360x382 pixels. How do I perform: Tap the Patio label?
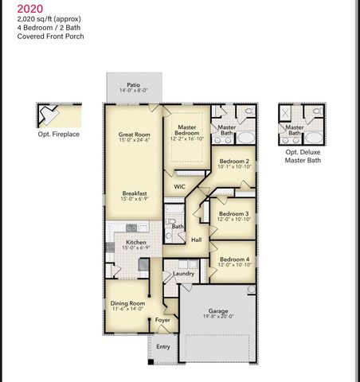[135, 84]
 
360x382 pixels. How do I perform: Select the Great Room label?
[134, 135]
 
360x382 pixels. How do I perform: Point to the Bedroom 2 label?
[234, 161]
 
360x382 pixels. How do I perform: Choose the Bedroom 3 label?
[234, 213]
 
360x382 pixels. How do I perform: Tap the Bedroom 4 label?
[234, 260]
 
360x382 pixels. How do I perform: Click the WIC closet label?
[180, 187]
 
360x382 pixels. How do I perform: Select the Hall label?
[196, 240]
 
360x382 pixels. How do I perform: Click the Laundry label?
[184, 274]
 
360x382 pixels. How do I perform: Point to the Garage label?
[218, 310]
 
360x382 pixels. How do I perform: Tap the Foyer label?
[162, 320]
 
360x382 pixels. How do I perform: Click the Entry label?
[162, 347]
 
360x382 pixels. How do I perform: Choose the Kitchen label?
[134, 243]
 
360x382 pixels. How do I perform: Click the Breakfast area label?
[134, 193]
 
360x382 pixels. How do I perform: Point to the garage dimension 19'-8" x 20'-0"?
[218, 317]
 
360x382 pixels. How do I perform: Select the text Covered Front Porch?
[45, 37]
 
